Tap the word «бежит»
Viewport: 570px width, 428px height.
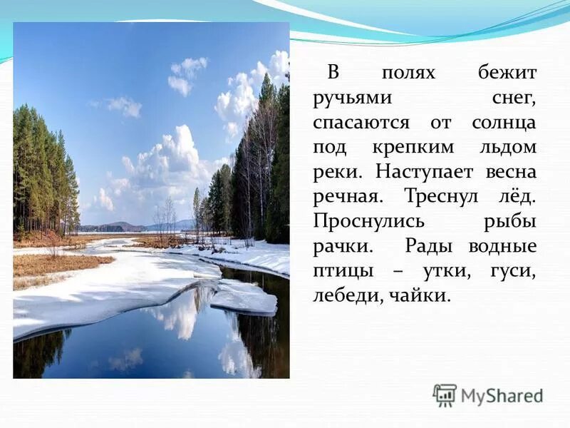pos(507,73)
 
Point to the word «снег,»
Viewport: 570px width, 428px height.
pos(512,98)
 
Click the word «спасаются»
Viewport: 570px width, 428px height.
pos(361,122)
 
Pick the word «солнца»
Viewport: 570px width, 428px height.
pos(503,122)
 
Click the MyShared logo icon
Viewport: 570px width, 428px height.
pos(445,394)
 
